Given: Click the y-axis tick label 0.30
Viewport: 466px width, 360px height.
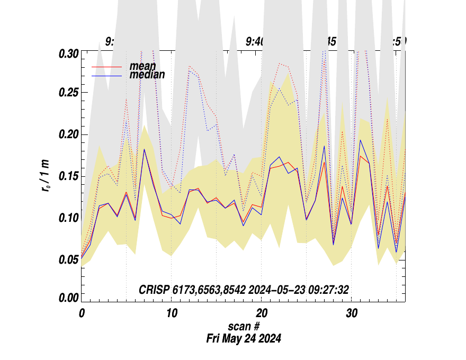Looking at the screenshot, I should pyautogui.click(x=68, y=53).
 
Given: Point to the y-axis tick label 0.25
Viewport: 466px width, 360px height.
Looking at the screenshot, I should pyautogui.click(x=68, y=93).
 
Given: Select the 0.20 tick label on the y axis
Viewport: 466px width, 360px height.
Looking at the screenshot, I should pyautogui.click(x=68, y=134).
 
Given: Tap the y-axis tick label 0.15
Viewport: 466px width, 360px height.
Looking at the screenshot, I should pyautogui.click(x=68, y=176).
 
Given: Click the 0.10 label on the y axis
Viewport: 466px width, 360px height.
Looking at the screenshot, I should pyautogui.click(x=68, y=218).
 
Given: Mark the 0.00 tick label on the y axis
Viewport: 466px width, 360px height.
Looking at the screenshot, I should pyautogui.click(x=68, y=299).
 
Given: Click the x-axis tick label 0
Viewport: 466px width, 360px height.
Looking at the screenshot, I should pyautogui.click(x=82, y=313).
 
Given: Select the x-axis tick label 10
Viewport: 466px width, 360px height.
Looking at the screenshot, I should pyautogui.click(x=172, y=313).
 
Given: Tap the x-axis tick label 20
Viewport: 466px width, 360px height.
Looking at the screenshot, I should pyautogui.click(x=262, y=313).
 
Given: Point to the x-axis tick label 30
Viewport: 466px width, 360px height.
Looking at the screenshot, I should pyautogui.click(x=352, y=313).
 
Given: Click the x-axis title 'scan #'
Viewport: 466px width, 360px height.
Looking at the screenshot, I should pyautogui.click(x=244, y=327).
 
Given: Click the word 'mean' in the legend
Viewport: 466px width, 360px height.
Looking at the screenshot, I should pyautogui.click(x=142, y=67).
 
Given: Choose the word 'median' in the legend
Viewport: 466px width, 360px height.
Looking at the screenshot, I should pyautogui.click(x=147, y=75).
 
